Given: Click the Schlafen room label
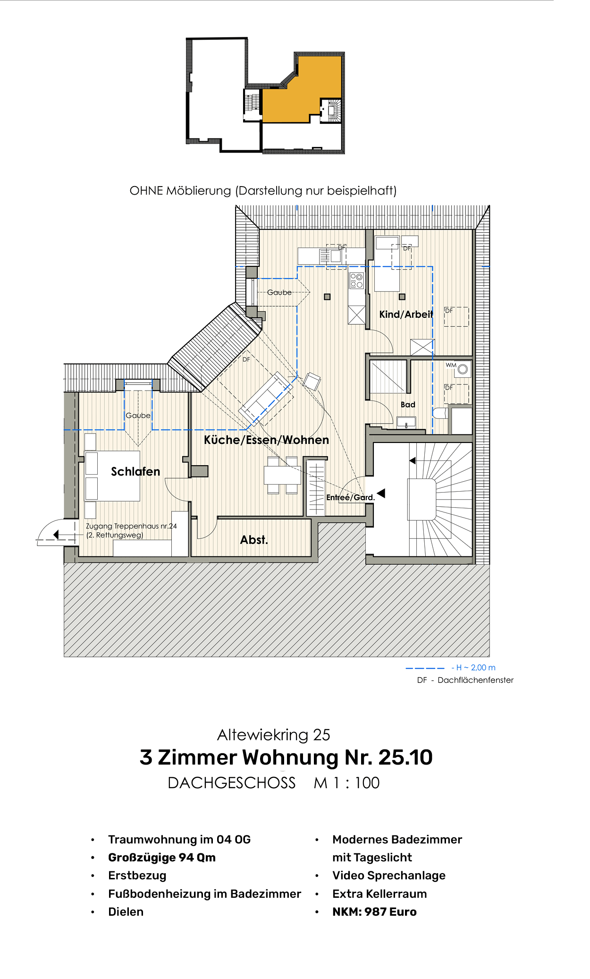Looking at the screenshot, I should click(x=135, y=471).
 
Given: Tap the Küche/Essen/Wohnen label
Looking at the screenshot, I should click(x=266, y=440).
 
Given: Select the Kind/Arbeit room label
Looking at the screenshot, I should click(x=406, y=314).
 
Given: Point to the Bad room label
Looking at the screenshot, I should click(x=408, y=404).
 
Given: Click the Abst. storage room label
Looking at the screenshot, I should click(x=254, y=540).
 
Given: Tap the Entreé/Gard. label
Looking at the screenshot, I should click(x=350, y=497).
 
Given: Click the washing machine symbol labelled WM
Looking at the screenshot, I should click(x=463, y=369).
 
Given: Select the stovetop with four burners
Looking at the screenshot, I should click(x=356, y=281).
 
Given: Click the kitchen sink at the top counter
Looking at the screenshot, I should click(x=336, y=256).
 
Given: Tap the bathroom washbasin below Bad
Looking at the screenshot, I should click(x=406, y=422).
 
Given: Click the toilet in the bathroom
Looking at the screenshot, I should click(x=440, y=413).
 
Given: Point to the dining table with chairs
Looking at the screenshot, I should click(x=282, y=475).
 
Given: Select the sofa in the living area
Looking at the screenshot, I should click(x=266, y=393).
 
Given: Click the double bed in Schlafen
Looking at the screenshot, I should click(x=112, y=476).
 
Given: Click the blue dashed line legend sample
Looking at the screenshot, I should click(x=425, y=668).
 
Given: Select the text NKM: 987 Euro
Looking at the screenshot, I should click(x=374, y=911).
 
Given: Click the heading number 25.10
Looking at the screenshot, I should click(x=405, y=758).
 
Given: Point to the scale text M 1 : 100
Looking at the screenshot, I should click(x=346, y=783).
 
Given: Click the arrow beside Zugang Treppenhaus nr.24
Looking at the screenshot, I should click(x=56, y=534).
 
